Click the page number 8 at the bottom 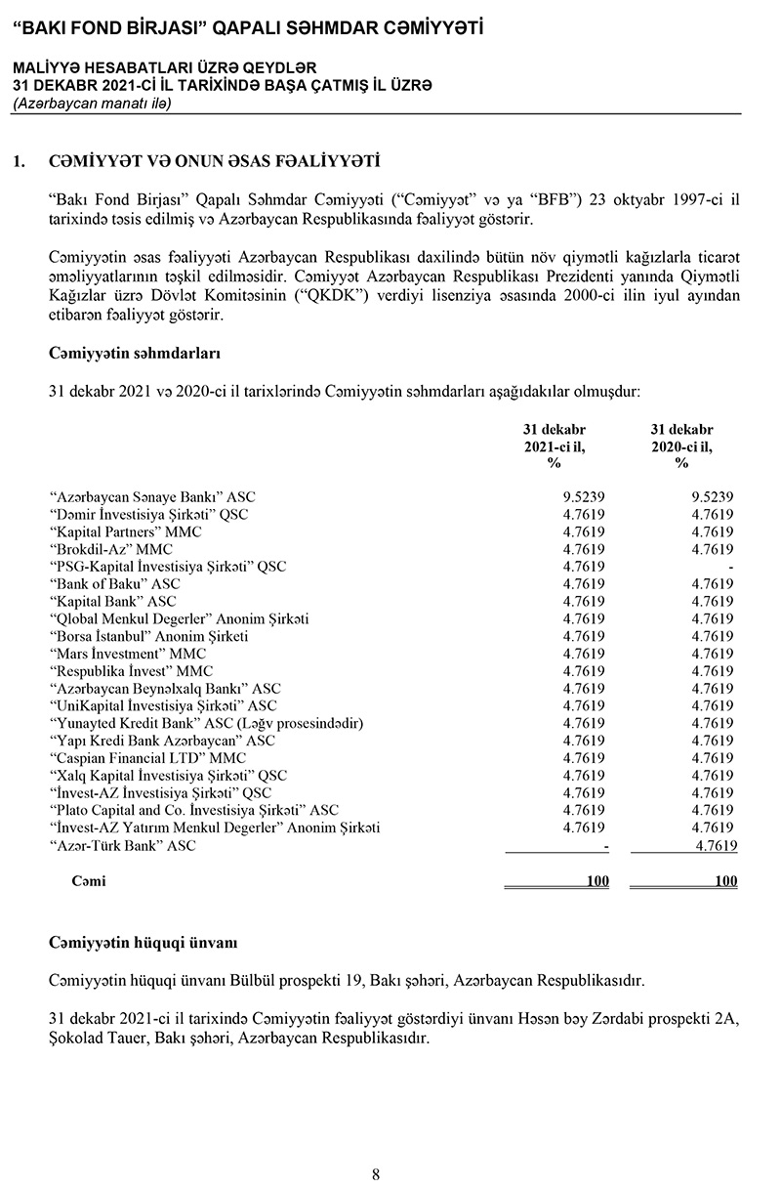click(376, 1174)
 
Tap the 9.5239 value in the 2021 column click(584, 497)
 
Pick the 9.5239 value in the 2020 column click(712, 497)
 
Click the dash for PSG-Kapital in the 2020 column click(730, 567)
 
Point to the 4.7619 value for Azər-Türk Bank click(712, 846)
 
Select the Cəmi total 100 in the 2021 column click(597, 881)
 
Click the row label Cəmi click(89, 881)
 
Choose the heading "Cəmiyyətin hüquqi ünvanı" click(143, 943)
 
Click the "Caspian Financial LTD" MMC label click(147, 758)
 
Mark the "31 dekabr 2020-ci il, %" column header click(681, 445)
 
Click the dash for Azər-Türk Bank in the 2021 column click(606, 846)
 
